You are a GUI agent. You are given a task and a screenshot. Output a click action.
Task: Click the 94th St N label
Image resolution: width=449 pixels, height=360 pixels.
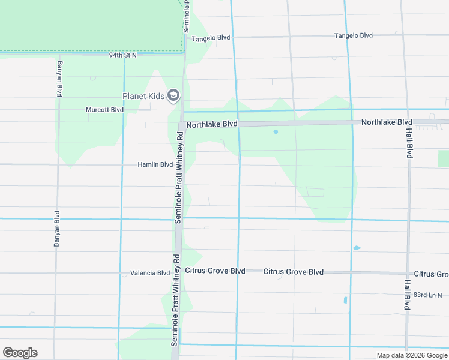(x=123, y=55)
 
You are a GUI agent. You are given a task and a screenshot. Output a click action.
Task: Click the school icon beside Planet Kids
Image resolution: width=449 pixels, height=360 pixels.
(x=173, y=95)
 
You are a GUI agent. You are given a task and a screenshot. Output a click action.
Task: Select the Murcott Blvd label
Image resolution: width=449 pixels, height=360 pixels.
(x=104, y=110)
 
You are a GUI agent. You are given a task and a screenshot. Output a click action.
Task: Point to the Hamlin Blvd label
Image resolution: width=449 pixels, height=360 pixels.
(x=155, y=164)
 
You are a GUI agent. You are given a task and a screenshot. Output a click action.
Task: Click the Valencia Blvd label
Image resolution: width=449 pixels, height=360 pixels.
(x=150, y=273)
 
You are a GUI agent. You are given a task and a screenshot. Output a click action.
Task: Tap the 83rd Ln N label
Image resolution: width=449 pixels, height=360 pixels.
(x=427, y=295)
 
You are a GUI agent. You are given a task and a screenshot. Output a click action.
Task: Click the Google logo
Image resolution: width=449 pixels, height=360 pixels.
(x=20, y=353)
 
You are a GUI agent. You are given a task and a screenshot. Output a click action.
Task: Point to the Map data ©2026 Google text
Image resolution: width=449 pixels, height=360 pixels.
(x=411, y=355)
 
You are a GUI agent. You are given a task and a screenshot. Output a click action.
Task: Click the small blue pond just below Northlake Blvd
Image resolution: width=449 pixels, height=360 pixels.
(x=276, y=132)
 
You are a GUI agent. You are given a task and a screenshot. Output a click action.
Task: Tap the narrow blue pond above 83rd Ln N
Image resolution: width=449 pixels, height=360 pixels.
(x=345, y=300)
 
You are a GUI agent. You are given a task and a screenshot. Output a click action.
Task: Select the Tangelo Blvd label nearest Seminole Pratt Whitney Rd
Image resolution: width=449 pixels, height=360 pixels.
(x=211, y=38)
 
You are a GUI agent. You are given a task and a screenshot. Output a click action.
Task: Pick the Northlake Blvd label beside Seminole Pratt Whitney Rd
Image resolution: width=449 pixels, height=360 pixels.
(x=212, y=125)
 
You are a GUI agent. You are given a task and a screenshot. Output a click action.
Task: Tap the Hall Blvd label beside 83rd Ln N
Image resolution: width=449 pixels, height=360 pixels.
(x=406, y=295)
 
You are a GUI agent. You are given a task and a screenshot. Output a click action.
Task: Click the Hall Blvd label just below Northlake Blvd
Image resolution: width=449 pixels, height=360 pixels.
(x=409, y=142)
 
